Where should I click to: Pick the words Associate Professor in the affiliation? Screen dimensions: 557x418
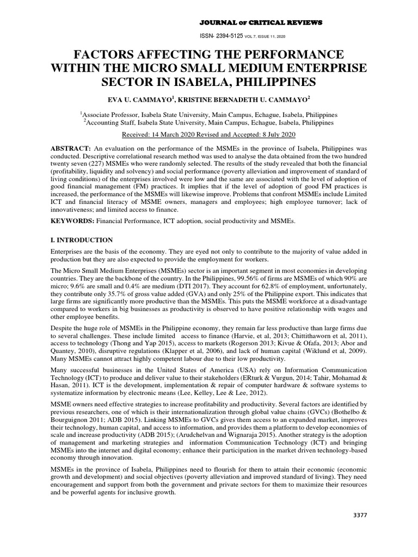point(109,115)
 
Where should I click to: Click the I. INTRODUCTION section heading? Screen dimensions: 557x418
point(82,240)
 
